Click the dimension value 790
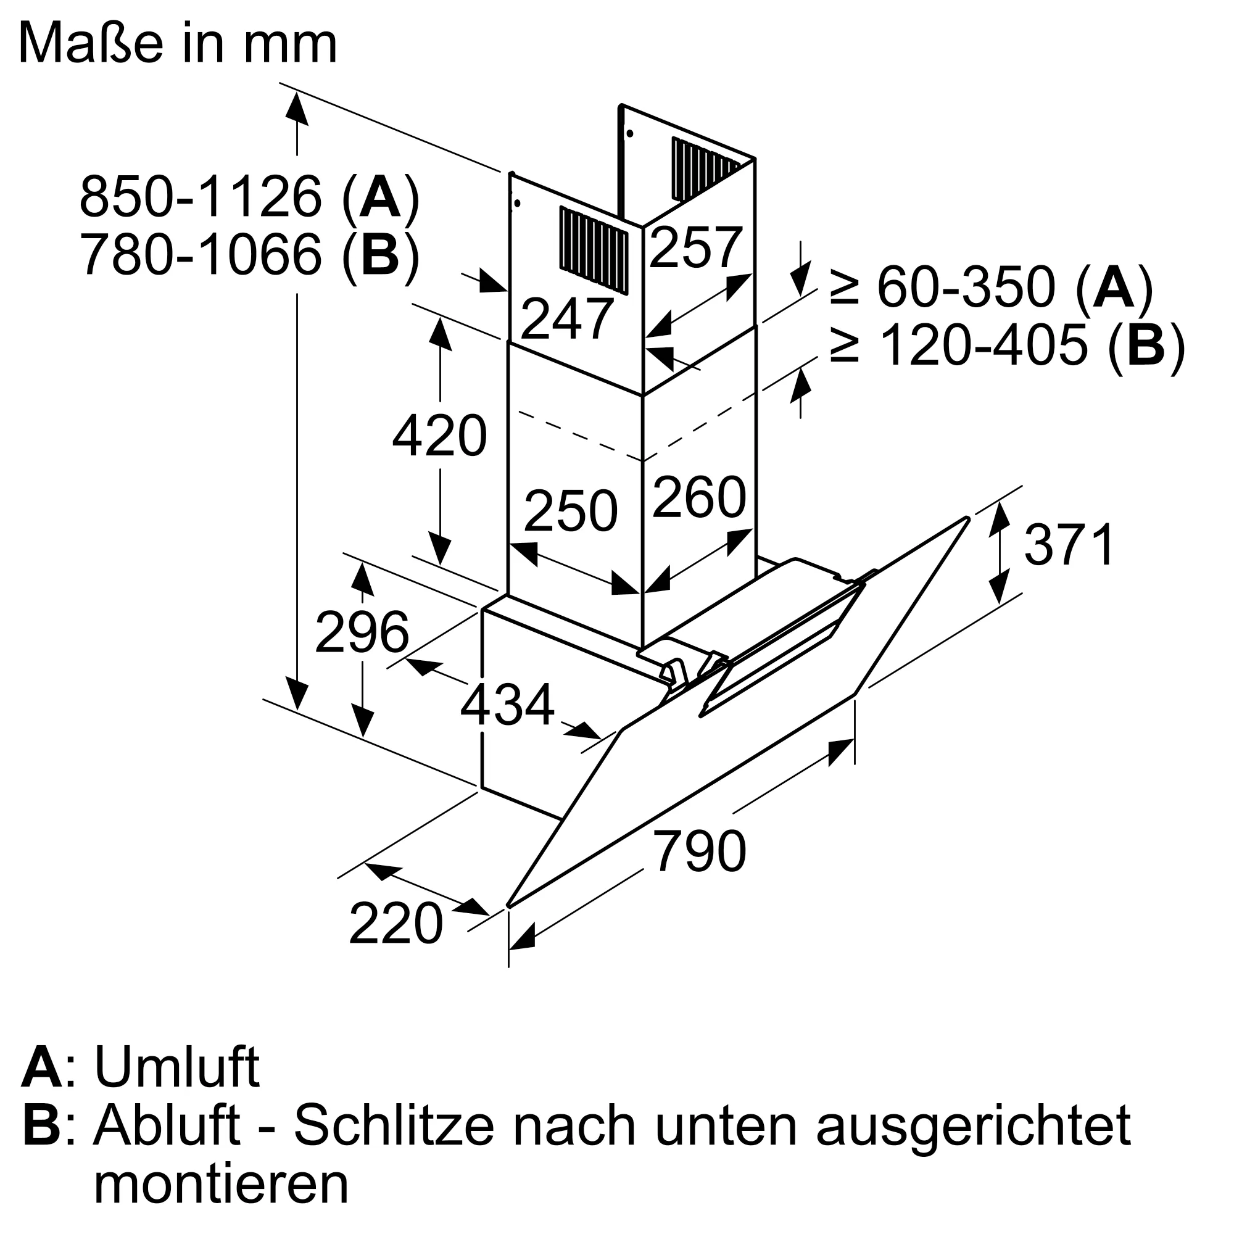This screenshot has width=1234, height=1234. coord(700,851)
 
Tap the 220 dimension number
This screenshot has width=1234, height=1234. coord(395,924)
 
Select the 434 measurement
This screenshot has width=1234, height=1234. coord(507,706)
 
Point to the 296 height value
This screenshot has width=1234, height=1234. coord(362,632)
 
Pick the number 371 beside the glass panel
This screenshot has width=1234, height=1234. coord(1069,545)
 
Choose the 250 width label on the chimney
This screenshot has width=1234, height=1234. coord(570,511)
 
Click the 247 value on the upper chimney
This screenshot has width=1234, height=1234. coord(567,320)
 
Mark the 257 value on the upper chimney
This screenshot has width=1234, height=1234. coord(695,248)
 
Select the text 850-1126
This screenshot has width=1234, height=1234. coord(201,197)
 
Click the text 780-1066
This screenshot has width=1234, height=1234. coord(201,255)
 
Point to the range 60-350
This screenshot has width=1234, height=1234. coord(965,288)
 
